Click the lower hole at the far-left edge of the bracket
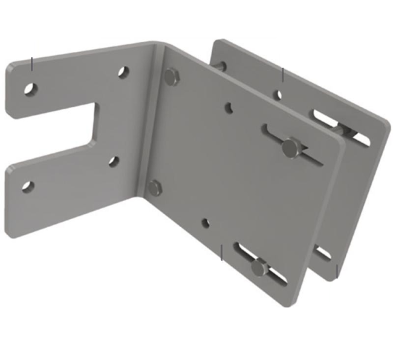(27, 186)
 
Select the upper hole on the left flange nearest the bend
(123, 72)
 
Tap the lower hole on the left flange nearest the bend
(113, 161)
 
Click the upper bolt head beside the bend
(172, 76)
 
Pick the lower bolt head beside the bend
(155, 188)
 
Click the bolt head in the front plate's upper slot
(290, 146)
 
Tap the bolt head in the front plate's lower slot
(259, 267)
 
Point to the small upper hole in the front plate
(229, 108)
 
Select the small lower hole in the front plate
(205, 223)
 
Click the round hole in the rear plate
(278, 94)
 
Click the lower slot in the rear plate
(322, 252)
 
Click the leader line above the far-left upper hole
(32, 63)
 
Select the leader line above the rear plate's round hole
(283, 75)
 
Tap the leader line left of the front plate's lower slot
(222, 252)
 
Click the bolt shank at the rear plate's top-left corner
(221, 66)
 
